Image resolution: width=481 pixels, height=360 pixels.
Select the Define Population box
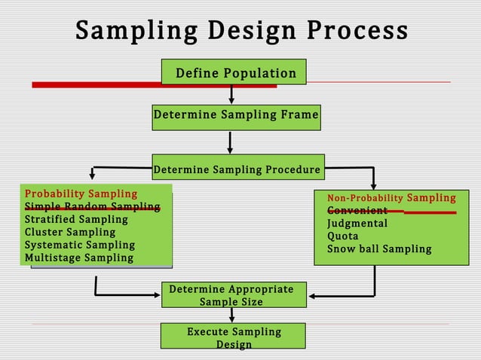pos(234,72)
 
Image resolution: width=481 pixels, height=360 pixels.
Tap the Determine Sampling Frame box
pos(236,116)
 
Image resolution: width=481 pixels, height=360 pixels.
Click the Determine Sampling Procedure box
pos(237,169)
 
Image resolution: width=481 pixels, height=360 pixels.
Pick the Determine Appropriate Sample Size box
pos(231,295)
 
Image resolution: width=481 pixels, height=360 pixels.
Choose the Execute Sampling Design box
pos(234,337)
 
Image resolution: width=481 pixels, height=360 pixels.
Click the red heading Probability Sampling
pos(81,194)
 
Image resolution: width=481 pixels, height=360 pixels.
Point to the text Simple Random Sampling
pos(92,207)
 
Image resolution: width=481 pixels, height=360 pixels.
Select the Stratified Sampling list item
pos(76,220)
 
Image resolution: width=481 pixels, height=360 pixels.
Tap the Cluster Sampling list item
pos(70,233)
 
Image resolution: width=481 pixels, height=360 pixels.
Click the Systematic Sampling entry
pos(80,246)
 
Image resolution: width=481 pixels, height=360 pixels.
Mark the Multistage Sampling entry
pos(79,258)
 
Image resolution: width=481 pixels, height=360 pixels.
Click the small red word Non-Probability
pos(365,199)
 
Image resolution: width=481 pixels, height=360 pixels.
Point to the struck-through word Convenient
pos(357,211)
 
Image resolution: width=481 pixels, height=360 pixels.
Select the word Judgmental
pos(357,224)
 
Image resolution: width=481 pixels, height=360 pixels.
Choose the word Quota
pos(342,236)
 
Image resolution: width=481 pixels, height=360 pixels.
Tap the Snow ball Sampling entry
pos(378,249)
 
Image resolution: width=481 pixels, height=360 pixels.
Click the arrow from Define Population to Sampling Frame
pos(231,94)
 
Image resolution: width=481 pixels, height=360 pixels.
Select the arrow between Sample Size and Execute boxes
pos(231,315)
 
